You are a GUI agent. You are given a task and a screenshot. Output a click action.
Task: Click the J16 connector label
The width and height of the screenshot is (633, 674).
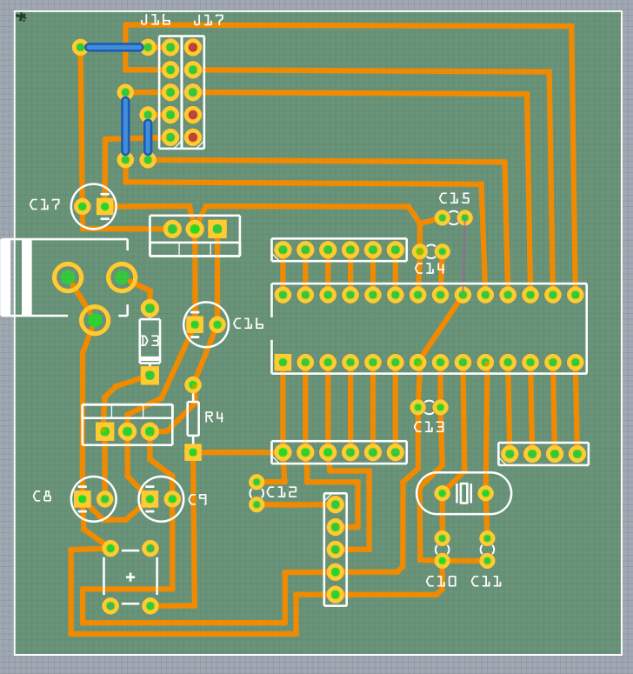coord(156,20)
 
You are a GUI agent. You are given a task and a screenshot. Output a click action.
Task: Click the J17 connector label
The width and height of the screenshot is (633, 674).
coord(209,20)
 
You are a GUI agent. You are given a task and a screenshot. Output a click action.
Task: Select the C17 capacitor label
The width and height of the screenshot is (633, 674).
coord(45,204)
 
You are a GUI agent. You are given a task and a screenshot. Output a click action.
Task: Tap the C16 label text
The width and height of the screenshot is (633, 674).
coord(249,324)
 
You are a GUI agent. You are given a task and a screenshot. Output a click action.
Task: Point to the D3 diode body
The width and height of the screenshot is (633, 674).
coord(150,340)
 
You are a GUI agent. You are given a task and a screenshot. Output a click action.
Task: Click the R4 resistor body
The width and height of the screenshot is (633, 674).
coord(193,418)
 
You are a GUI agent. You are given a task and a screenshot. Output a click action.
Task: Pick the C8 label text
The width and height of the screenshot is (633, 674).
coord(43,497)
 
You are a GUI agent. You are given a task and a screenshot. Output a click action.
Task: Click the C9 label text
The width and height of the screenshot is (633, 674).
coord(198,499)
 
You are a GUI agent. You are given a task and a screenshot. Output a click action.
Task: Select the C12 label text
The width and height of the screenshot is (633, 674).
coord(283,492)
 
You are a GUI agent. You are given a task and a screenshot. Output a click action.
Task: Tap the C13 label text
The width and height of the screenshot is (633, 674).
coord(429,427)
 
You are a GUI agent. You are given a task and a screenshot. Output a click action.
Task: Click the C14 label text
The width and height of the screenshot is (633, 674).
coord(430,269)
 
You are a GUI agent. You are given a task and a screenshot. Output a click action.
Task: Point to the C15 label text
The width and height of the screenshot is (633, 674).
coord(454,198)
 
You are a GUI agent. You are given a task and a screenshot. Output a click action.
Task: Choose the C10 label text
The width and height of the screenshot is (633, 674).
coord(441,581)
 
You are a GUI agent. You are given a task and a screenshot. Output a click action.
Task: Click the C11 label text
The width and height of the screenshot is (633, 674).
coord(486,581)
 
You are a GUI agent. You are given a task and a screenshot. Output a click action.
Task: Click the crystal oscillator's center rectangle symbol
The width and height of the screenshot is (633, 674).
coord(463,493)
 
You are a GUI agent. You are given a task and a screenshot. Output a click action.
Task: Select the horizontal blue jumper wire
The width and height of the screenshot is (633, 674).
coord(114,47)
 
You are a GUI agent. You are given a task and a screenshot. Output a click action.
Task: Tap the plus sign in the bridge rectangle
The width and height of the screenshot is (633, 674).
coord(130,577)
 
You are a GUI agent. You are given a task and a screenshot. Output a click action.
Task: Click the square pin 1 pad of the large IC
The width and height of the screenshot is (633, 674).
coord(283,362)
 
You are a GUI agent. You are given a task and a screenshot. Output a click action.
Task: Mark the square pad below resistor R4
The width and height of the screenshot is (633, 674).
coord(193,452)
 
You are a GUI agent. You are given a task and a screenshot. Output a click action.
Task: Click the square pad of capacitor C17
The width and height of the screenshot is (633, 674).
coord(104,206)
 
